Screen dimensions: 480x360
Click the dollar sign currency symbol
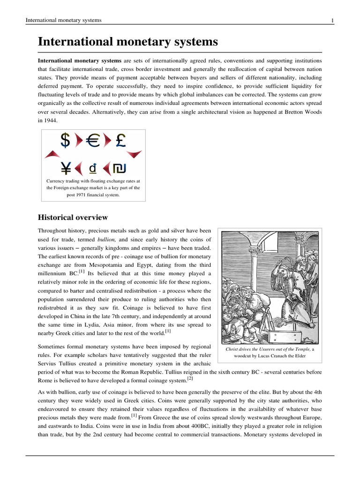(66, 140)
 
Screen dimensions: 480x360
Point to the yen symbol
(66, 167)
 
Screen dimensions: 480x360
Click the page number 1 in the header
(332, 20)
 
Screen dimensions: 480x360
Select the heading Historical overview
(73, 217)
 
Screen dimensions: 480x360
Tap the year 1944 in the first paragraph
(49, 120)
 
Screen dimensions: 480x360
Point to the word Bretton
(299, 112)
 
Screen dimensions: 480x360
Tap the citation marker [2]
(190, 378)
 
